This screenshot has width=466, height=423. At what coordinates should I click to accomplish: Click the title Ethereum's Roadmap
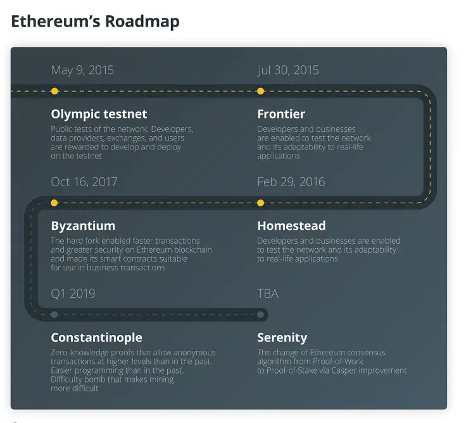point(95,22)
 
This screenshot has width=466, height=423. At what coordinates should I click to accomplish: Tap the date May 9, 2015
point(82,70)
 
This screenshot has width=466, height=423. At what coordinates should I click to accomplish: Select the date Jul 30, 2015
point(288,70)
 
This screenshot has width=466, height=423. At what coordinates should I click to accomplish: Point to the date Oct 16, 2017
point(84,182)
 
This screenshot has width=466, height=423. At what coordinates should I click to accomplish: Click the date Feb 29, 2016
point(291,182)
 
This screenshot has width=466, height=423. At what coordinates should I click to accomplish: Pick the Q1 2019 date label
point(73,294)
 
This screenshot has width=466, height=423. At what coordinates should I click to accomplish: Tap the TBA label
point(268,294)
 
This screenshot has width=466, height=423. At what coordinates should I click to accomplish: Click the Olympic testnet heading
point(99,114)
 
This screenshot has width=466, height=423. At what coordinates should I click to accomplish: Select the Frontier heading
point(281,114)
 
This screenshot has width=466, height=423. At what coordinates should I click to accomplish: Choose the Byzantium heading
point(83,226)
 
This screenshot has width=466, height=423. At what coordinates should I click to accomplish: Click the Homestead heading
point(291,226)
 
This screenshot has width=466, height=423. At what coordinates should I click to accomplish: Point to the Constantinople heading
point(97,338)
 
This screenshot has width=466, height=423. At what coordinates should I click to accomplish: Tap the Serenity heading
point(282,338)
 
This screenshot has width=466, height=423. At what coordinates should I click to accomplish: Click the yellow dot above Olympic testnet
point(54,91)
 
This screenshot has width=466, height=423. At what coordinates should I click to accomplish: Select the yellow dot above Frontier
point(261,91)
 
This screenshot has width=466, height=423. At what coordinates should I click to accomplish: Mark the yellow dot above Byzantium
point(54,203)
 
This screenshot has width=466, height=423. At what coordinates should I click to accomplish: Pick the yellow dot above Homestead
point(261,203)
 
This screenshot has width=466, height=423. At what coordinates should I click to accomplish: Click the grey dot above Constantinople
point(54,315)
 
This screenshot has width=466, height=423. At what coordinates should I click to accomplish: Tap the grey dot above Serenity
point(261,315)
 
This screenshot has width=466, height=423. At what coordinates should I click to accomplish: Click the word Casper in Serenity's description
point(344,370)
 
